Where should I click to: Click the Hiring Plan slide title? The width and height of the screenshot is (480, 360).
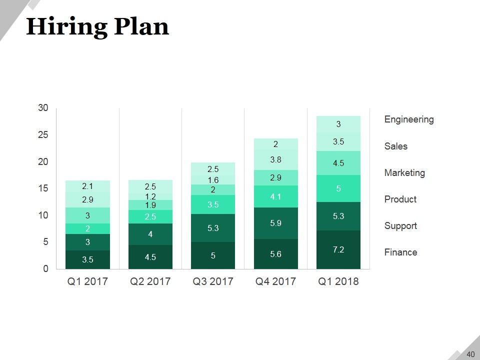click(x=97, y=26)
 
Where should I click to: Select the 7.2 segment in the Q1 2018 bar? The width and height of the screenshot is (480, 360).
click(x=338, y=249)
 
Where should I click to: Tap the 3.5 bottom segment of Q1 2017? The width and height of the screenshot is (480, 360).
click(x=87, y=259)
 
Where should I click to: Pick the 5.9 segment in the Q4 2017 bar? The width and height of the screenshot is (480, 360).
click(x=276, y=223)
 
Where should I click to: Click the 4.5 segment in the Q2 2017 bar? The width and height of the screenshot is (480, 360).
click(x=150, y=257)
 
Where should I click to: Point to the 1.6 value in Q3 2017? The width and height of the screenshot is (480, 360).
click(x=213, y=180)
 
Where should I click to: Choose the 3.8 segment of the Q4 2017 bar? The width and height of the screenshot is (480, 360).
click(x=276, y=160)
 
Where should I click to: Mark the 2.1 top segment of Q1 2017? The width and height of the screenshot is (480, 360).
click(x=87, y=186)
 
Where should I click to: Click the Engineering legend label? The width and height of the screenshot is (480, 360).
click(x=409, y=119)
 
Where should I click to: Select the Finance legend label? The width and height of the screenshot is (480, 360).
click(x=400, y=252)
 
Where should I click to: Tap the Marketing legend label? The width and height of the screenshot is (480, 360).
click(x=404, y=173)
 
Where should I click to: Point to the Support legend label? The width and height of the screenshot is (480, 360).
click(x=400, y=226)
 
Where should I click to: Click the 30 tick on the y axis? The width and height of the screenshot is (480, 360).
click(x=43, y=108)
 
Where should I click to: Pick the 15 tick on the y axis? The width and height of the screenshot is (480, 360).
click(x=43, y=188)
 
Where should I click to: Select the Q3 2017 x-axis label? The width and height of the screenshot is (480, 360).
click(x=213, y=281)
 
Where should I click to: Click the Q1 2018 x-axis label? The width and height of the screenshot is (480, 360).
click(x=338, y=281)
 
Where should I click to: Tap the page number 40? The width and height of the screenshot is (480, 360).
click(x=470, y=354)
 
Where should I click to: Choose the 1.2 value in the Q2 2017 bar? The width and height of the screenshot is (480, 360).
click(x=150, y=197)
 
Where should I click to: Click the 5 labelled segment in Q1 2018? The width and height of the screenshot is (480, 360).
click(x=338, y=188)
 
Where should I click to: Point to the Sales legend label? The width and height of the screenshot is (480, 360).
click(x=396, y=146)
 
